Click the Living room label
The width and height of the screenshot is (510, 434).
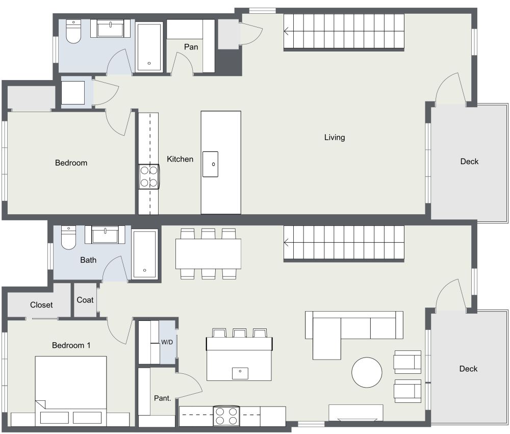click(x=335, y=137)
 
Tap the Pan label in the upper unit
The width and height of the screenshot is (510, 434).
click(x=191, y=47)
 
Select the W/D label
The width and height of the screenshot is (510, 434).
click(x=167, y=342)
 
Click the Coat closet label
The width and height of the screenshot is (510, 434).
click(x=85, y=300)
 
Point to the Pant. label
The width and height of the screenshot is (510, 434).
click(x=162, y=398)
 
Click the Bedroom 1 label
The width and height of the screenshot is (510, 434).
click(x=71, y=345)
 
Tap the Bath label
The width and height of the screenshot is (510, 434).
click(x=88, y=260)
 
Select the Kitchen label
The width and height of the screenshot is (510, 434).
click(x=180, y=159)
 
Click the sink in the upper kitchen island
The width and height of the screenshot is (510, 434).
click(x=210, y=164)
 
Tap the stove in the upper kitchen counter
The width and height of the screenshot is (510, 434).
click(x=148, y=176)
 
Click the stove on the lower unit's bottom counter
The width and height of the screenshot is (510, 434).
click(x=226, y=415)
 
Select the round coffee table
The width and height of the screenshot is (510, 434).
click(x=367, y=372)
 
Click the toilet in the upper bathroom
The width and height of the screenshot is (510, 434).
click(x=73, y=32)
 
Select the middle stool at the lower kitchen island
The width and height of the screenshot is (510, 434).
click(x=240, y=334)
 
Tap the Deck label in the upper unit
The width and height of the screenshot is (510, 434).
click(x=469, y=161)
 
